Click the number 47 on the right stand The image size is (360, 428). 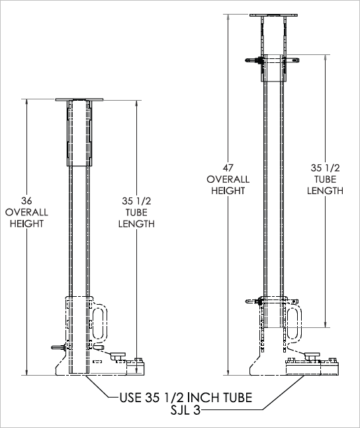(x=228, y=168)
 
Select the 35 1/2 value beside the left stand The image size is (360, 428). (x=136, y=200)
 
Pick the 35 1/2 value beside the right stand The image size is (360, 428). (x=325, y=168)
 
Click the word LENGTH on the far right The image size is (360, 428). (x=325, y=191)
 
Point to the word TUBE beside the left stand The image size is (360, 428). (x=136, y=212)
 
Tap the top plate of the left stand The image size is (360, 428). (x=79, y=100)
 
